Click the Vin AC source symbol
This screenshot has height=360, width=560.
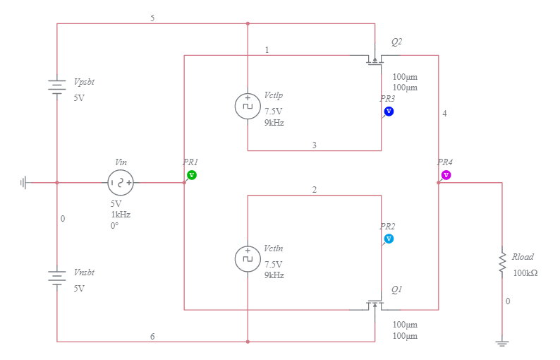(x=120, y=183)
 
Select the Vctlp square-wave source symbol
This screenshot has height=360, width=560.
(x=248, y=106)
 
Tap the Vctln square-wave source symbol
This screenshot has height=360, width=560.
(x=248, y=259)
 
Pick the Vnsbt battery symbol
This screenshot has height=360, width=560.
(x=57, y=277)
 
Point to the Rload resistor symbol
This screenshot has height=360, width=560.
(x=502, y=261)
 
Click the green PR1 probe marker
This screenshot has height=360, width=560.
(x=191, y=174)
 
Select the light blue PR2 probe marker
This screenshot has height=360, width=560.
(x=389, y=239)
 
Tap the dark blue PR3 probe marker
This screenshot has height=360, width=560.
(x=389, y=112)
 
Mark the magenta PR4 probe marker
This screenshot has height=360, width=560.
(x=446, y=174)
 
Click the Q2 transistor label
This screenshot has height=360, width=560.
(x=396, y=42)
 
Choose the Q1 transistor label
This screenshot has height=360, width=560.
(x=396, y=289)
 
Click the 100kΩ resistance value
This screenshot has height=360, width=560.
(x=525, y=272)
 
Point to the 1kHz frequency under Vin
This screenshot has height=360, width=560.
(x=120, y=215)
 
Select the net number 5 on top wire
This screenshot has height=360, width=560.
(x=152, y=18)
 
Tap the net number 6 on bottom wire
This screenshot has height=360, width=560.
(x=152, y=336)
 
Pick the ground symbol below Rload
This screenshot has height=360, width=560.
(x=502, y=344)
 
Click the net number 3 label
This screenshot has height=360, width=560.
(x=315, y=145)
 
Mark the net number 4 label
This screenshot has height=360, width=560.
(x=444, y=114)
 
